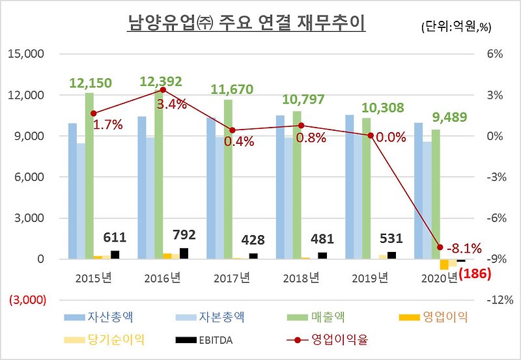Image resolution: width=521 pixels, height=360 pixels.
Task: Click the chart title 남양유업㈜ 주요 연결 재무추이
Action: tap(246, 23)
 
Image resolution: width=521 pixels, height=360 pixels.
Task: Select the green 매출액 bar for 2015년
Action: tap(89, 176)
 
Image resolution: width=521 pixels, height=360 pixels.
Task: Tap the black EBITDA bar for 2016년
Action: tap(184, 253)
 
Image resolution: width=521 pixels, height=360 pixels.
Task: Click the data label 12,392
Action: tap(162, 81)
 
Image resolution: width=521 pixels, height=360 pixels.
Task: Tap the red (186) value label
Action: tap(478, 275)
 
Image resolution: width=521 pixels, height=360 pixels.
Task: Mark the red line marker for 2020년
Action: tap(440, 247)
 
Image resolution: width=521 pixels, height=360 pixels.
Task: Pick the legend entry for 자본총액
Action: tap(208, 318)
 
